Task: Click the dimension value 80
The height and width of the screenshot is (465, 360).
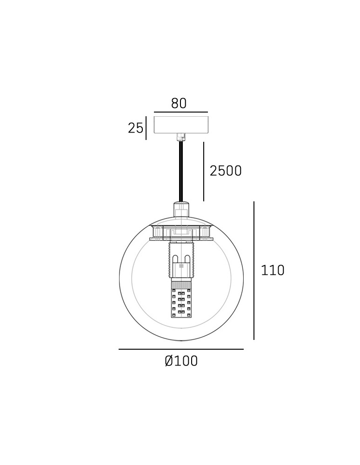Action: pyautogui.click(x=179, y=103)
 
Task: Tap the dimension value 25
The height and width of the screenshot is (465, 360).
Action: pyautogui.click(x=135, y=128)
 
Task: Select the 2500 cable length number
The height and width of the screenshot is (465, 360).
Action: pyautogui.click(x=226, y=171)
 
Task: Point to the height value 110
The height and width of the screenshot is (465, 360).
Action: pyautogui.click(x=273, y=270)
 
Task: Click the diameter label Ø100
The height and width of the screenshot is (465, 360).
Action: pyautogui.click(x=181, y=361)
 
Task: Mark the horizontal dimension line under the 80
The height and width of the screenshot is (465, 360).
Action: pyautogui.click(x=181, y=112)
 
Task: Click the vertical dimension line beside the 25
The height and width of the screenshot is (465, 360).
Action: pyautogui.click(x=146, y=128)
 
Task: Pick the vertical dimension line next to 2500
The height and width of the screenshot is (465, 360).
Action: pyautogui.click(x=204, y=172)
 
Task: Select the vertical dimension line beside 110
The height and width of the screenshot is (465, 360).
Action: pyautogui.click(x=254, y=270)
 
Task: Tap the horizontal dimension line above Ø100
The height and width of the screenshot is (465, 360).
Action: pyautogui.click(x=181, y=349)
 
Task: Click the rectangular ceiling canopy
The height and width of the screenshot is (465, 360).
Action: pyautogui.click(x=181, y=124)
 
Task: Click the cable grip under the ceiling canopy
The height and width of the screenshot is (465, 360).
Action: pyautogui.click(x=181, y=137)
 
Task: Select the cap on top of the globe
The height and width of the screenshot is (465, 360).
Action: pyautogui.click(x=181, y=209)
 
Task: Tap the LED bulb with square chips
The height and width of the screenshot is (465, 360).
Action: pyautogui.click(x=181, y=303)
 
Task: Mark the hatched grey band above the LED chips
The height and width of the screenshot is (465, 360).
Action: pyautogui.click(x=181, y=284)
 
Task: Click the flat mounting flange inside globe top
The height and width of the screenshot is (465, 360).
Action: pyautogui.click(x=181, y=239)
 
